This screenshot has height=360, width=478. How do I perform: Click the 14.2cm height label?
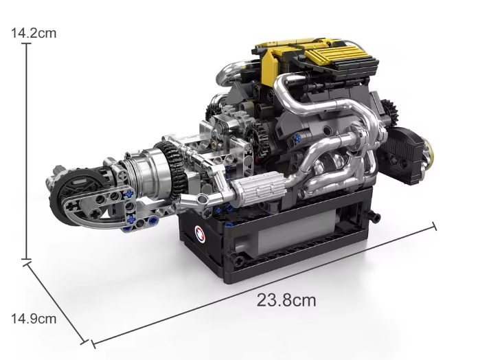(34, 33)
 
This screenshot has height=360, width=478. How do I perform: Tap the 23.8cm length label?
(286, 300)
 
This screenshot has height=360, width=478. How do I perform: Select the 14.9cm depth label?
(34, 319)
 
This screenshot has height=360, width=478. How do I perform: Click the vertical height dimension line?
(27, 152)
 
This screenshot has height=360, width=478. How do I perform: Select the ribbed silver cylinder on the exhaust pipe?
(258, 189)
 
